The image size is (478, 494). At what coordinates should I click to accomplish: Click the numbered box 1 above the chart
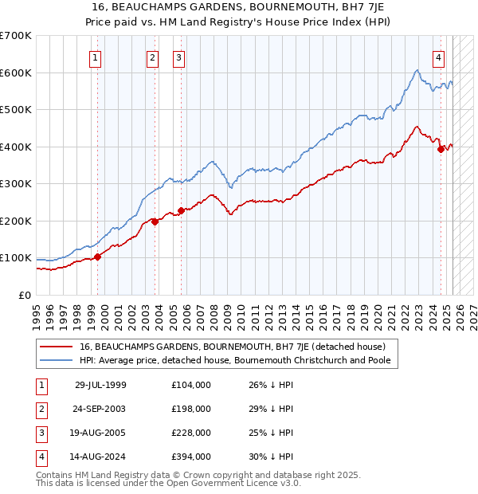click(x=95, y=57)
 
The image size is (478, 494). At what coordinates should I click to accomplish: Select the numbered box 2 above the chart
click(x=152, y=57)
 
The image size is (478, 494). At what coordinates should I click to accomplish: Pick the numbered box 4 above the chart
click(x=439, y=57)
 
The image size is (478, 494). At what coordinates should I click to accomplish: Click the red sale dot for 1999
click(x=98, y=257)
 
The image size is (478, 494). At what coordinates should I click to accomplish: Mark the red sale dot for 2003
click(x=155, y=222)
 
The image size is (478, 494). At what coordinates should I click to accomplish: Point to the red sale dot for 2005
click(x=181, y=211)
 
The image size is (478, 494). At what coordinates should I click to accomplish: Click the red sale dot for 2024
click(x=441, y=149)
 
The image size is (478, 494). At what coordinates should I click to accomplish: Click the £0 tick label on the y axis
click(x=24, y=295)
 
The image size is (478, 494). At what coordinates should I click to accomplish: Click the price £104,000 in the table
click(x=191, y=385)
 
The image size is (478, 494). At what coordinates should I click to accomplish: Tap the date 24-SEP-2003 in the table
click(x=100, y=409)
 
